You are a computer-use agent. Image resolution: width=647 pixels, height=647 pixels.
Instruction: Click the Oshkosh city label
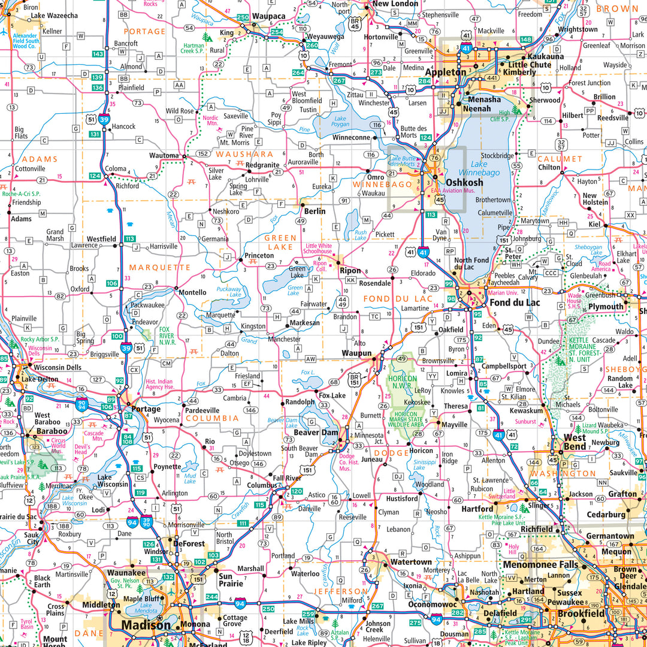point(464,183)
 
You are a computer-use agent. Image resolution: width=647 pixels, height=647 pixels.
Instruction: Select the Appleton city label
point(446,72)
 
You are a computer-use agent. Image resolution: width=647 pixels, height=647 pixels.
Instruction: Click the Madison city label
point(146,625)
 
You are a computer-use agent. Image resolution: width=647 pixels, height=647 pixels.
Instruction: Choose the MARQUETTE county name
point(160,267)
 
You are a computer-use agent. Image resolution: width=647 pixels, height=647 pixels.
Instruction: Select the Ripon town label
point(350,270)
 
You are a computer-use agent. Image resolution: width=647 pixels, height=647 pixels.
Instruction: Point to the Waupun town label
point(357,353)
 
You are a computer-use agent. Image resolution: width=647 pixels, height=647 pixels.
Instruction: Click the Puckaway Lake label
point(229,292)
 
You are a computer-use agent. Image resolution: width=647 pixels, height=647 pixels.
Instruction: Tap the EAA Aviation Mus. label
point(453,191)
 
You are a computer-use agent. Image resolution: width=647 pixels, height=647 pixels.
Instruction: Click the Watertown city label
point(411,562)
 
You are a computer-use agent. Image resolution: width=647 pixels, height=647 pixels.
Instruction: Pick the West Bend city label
point(575,442)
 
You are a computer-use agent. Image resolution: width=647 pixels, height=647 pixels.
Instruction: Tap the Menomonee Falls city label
point(540,564)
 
